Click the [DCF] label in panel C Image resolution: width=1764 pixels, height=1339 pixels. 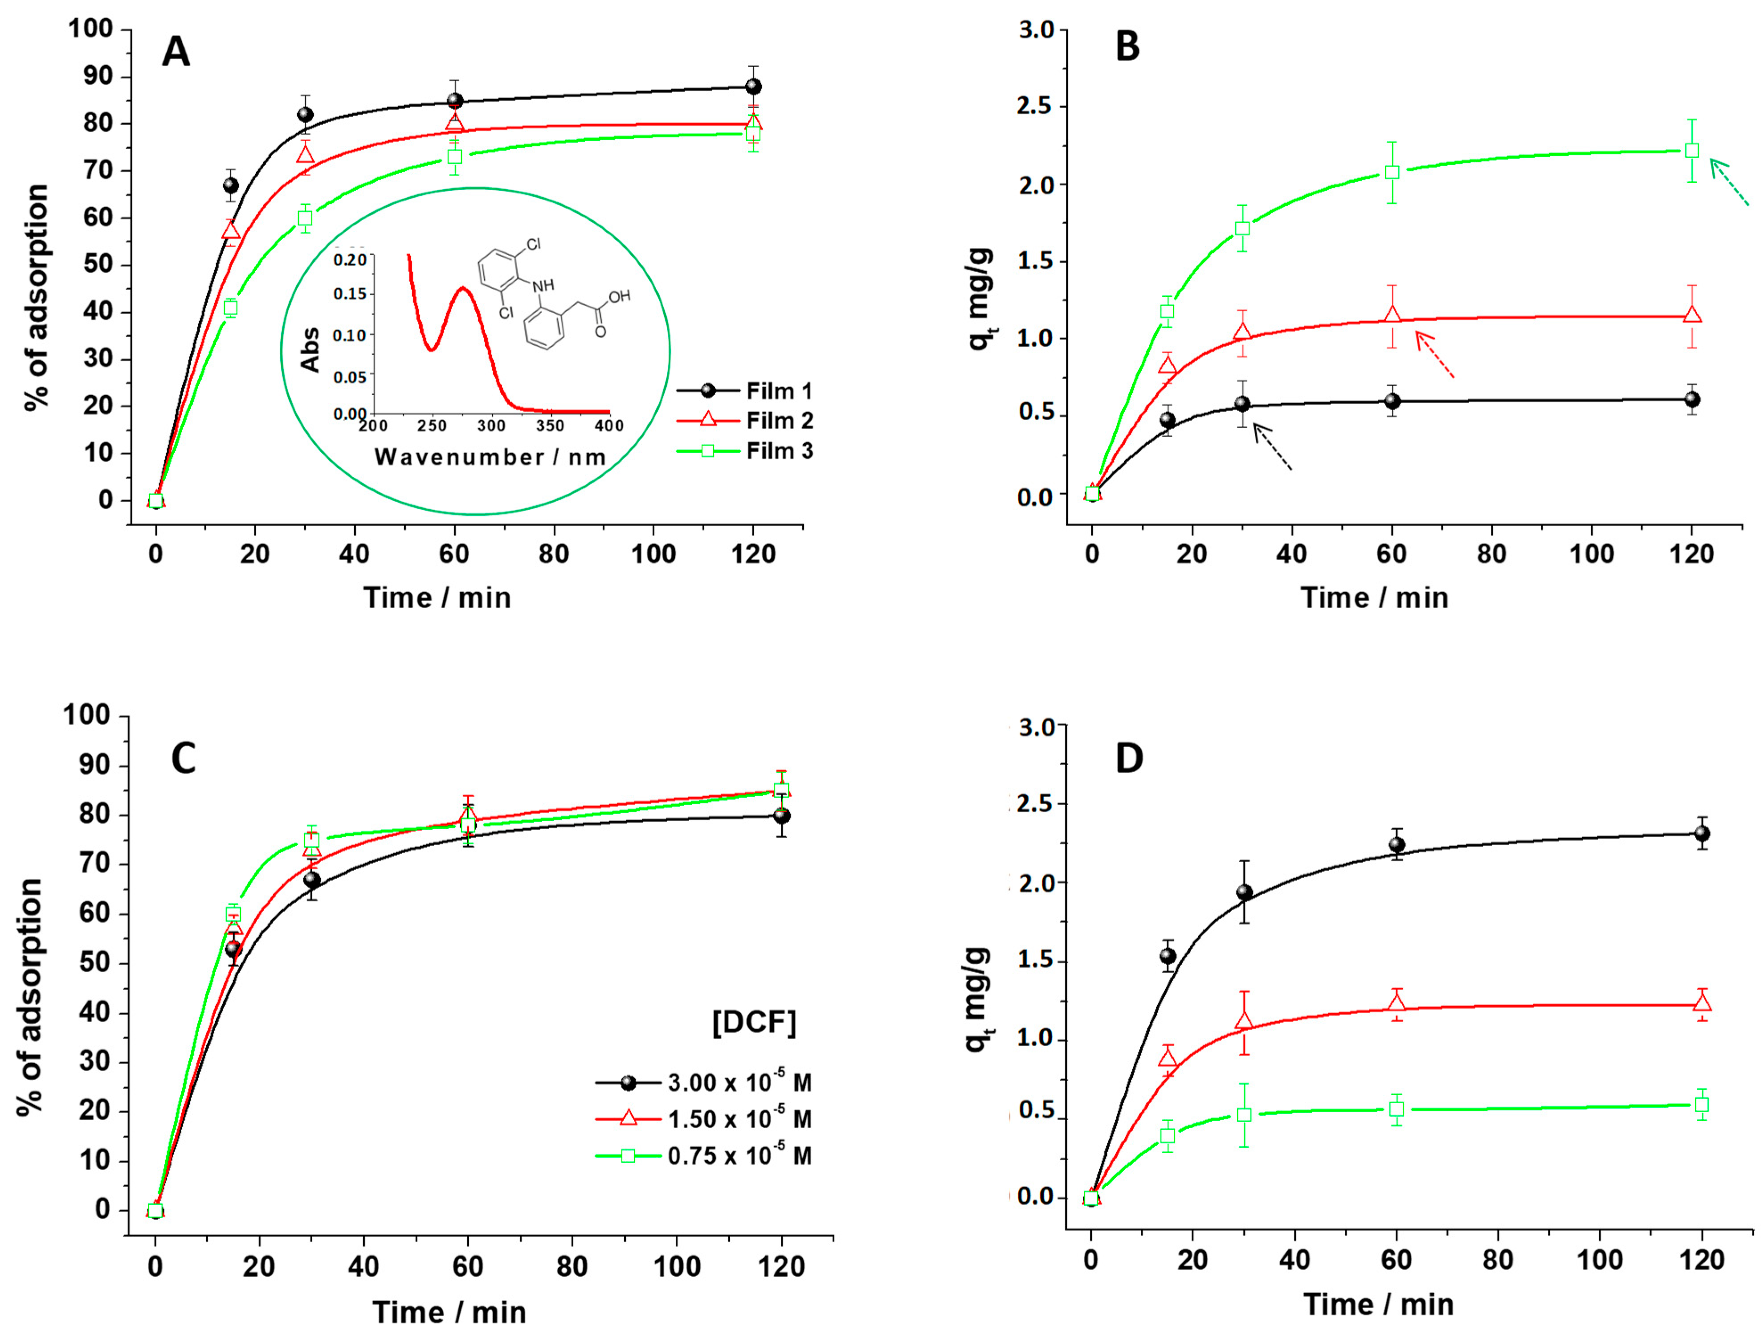click(x=754, y=1022)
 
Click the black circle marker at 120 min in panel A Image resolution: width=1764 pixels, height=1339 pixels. click(x=753, y=86)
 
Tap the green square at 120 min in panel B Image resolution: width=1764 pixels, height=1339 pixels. click(x=1691, y=151)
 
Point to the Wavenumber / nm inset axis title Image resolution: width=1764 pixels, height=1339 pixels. click(x=490, y=457)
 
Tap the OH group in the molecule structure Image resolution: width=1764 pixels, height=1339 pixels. click(x=620, y=296)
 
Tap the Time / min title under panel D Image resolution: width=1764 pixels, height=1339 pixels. click(x=1378, y=1305)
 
